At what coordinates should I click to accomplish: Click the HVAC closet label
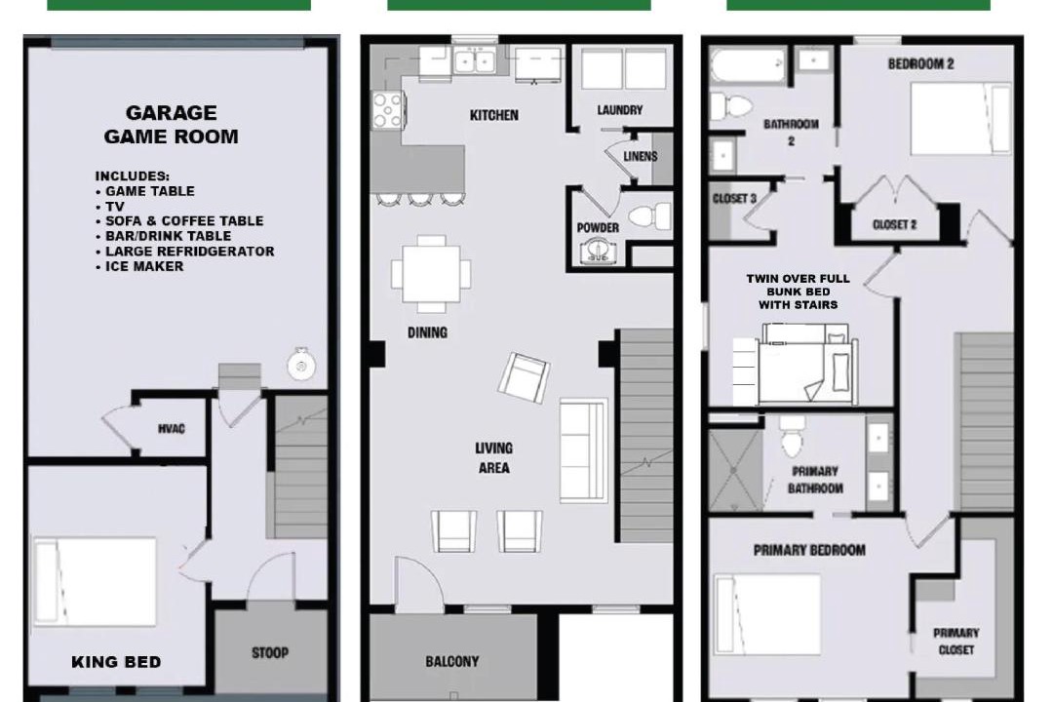click(172, 429)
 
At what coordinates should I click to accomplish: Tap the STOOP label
click(270, 652)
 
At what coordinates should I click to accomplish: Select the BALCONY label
click(452, 662)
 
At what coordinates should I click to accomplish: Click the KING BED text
click(116, 662)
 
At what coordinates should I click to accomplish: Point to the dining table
click(431, 274)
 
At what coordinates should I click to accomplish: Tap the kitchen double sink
click(475, 60)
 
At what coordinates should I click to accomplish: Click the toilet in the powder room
click(649, 216)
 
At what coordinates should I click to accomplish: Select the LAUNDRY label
click(620, 110)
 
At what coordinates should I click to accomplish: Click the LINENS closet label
click(640, 157)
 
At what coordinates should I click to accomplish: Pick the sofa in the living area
click(584, 450)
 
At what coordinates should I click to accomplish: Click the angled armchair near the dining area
click(524, 377)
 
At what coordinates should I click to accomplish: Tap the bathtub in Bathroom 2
click(748, 65)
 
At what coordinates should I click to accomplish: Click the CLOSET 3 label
click(734, 199)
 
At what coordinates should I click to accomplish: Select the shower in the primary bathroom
click(736, 470)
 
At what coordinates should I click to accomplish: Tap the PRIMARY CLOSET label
click(955, 642)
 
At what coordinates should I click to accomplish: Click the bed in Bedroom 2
click(960, 118)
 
